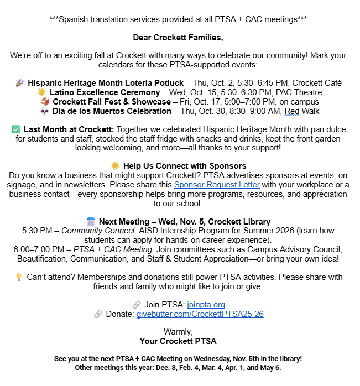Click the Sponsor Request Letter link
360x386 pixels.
pyautogui.click(x=217, y=185)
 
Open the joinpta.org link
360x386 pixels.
pyautogui.click(x=206, y=304)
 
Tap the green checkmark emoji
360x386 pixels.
pyautogui.click(x=15, y=129)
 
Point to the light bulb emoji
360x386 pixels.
pyautogui.click(x=18, y=277)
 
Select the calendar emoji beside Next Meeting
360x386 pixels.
pyautogui.click(x=91, y=222)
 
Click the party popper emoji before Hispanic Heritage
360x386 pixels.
pyautogui.click(x=20, y=83)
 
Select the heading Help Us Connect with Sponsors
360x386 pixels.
pyautogui.click(x=185, y=166)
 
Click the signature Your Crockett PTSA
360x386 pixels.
pyautogui.click(x=178, y=341)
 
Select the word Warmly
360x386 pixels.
pyautogui.click(x=178, y=331)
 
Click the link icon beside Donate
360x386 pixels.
pyautogui.click(x=98, y=314)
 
